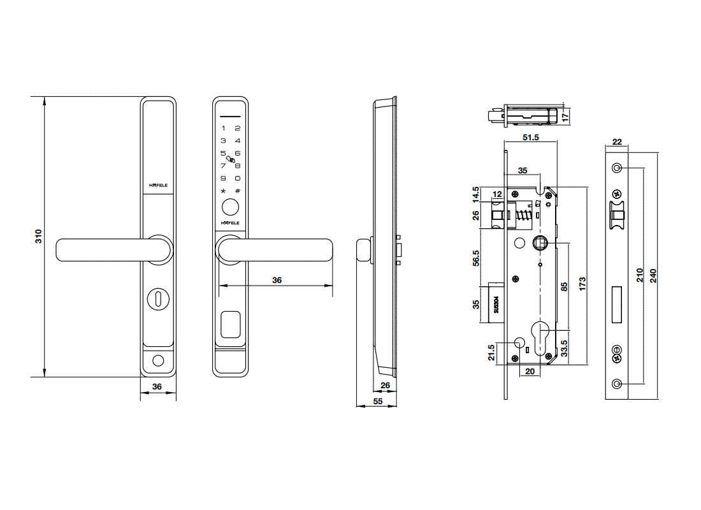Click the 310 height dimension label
38,237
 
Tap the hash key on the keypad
238,191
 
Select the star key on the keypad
223,191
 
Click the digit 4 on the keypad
238,140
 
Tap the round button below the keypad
230,208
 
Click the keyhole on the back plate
158,299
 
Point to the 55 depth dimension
378,401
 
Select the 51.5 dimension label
531,137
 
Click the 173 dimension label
582,284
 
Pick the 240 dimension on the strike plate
653,275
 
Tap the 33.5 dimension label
564,349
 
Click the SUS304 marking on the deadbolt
496,304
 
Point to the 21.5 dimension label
491,353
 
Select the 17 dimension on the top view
565,117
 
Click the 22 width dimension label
617,142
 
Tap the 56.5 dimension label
475,258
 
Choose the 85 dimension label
564,286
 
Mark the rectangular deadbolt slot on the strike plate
616,305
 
